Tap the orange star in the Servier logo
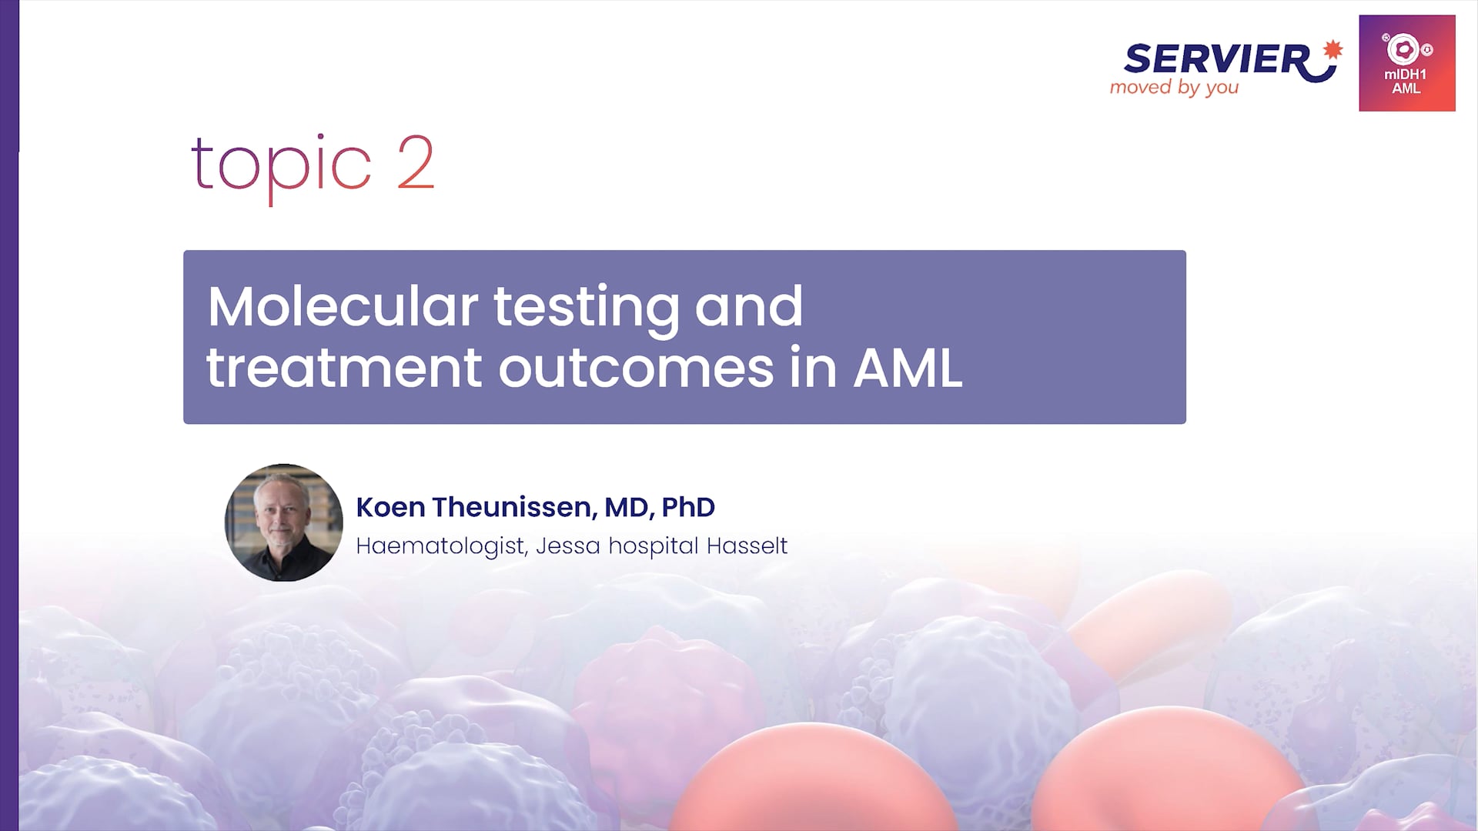[1333, 50]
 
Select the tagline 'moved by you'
[1174, 88]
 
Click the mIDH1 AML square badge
[1407, 63]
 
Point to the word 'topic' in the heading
[281, 165]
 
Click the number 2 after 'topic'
[416, 162]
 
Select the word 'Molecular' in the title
[343, 306]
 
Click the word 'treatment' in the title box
[344, 368]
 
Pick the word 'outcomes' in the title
[636, 368]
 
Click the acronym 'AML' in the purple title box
[908, 368]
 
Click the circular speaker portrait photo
[283, 522]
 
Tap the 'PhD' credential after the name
[688, 507]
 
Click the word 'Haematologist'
[441, 546]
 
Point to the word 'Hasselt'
[747, 546]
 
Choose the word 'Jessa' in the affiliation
[567, 546]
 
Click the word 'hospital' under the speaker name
[654, 546]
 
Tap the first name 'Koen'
[390, 507]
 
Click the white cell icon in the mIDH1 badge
[1404, 49]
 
